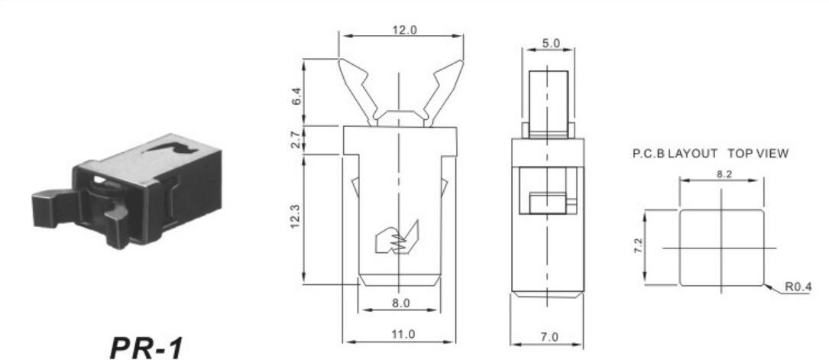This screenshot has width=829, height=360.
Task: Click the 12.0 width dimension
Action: [404, 30]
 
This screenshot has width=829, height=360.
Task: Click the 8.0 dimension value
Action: [400, 303]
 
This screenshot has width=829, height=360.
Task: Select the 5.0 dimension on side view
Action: [551, 44]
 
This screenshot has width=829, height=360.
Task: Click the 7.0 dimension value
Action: [550, 337]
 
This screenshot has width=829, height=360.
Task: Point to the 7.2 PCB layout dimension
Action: [638, 246]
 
